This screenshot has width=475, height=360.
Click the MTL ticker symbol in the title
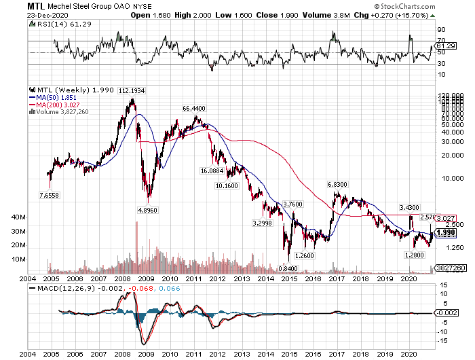pos(37,6)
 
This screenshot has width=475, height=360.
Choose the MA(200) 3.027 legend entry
pos(57,105)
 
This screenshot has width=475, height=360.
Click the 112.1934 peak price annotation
pos(133,91)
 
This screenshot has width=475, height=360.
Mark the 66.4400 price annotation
pos(194,109)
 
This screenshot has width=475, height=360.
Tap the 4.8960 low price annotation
pos(149,210)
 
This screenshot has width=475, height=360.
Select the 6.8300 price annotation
pos(338,185)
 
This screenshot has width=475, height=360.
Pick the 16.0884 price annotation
pos(212,171)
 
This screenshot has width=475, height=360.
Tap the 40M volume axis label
pos(20,217)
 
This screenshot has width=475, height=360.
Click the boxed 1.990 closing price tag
pos(445,233)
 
